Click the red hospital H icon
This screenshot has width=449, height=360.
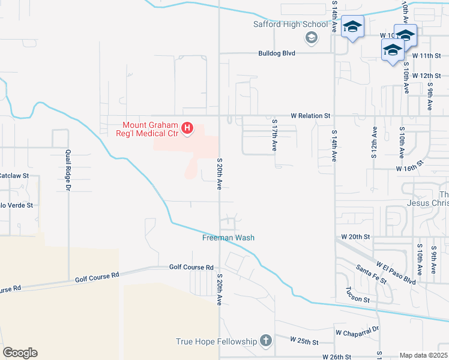[x=187, y=128]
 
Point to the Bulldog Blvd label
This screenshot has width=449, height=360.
[x=277, y=53]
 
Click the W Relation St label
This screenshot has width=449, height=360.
[x=310, y=115]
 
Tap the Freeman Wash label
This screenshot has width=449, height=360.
[x=228, y=238]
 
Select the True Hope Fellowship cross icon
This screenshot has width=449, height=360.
[x=266, y=341]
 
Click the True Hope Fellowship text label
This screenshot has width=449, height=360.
[x=216, y=342]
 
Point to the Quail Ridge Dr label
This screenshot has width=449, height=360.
[x=68, y=170]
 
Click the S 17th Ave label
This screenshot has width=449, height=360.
[x=274, y=138]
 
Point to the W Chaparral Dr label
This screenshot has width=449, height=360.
[x=358, y=330]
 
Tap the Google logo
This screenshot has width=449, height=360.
[x=20, y=353]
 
